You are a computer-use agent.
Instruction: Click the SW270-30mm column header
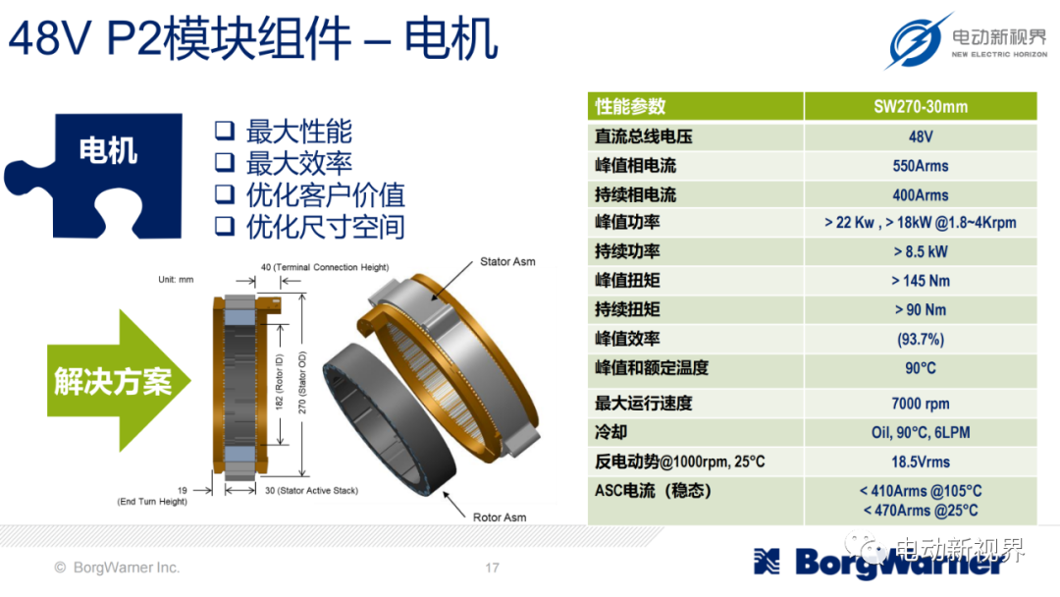click(920, 106)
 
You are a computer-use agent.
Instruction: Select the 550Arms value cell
click(920, 166)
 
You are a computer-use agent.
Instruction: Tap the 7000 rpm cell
click(920, 404)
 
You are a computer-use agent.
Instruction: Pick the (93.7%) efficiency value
click(920, 339)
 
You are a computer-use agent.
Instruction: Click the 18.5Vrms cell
click(920, 461)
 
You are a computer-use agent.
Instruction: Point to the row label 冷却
click(611, 433)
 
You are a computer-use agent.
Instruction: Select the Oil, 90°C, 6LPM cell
click(920, 433)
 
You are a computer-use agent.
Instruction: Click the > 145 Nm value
click(920, 281)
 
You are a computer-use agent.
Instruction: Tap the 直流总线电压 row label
click(644, 136)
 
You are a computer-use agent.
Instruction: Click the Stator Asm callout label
click(507, 261)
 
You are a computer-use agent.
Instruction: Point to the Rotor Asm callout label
click(500, 517)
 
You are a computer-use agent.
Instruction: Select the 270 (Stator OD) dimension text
click(302, 383)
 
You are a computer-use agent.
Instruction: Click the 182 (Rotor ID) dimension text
click(279, 382)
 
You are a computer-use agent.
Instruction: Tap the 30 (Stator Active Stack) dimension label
click(312, 490)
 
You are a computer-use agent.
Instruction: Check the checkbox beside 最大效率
click(225, 162)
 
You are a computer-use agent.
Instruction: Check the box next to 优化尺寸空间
click(225, 226)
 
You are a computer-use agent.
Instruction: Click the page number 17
click(492, 568)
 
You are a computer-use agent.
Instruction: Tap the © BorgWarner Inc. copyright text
click(117, 568)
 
